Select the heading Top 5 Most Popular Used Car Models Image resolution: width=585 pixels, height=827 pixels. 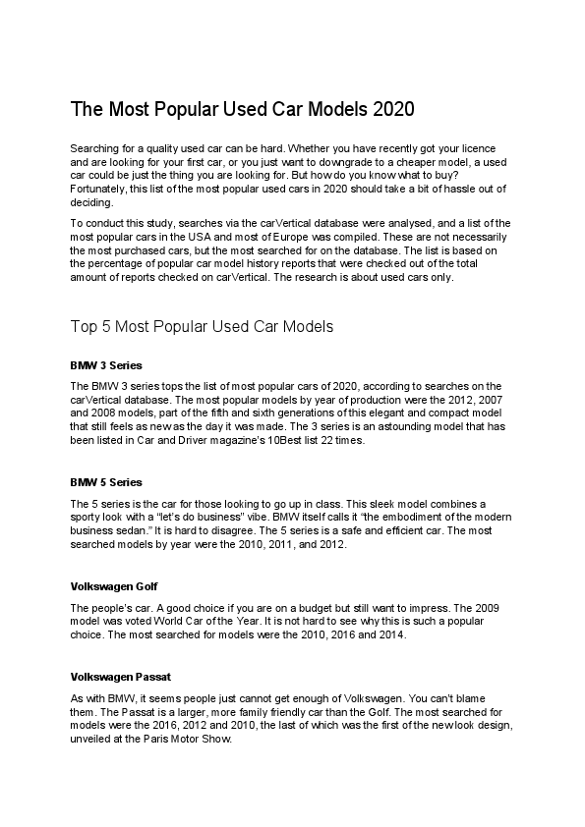pos(203,324)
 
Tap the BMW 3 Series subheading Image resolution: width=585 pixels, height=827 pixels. pos(106,364)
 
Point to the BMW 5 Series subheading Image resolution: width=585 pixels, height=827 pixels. pos(106,482)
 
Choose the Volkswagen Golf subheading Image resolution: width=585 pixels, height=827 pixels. pos(110,586)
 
